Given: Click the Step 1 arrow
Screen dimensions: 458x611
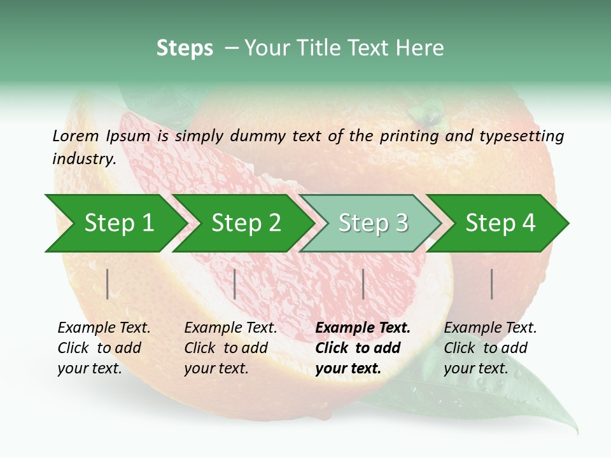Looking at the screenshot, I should (115, 223).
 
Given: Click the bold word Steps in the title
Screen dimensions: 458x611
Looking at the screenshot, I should (185, 48).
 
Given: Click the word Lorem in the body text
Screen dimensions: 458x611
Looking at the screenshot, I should (75, 135).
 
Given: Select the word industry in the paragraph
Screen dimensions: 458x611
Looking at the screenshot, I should (84, 158).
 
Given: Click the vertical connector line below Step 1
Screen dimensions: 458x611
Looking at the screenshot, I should (108, 284).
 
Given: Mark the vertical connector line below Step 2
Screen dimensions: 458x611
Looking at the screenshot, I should (235, 284).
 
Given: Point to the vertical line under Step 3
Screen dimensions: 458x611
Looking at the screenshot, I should (363, 284).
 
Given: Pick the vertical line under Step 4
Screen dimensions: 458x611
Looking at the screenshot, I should (491, 284).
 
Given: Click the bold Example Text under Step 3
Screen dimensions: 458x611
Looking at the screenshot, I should (363, 328).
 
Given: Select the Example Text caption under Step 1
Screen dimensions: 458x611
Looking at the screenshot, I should (104, 328).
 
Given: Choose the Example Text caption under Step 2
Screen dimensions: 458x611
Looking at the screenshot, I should (230, 328).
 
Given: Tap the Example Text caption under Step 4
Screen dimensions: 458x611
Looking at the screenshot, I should (490, 328).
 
